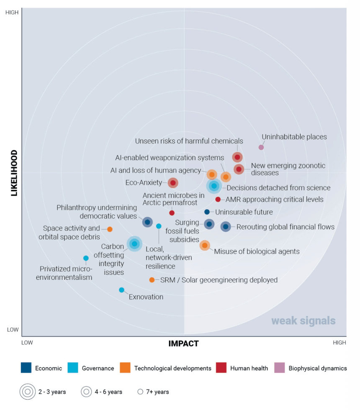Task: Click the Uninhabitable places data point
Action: pyautogui.click(x=261, y=147)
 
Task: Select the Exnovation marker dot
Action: pyautogui.click(x=121, y=290)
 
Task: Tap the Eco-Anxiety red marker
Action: pyautogui.click(x=173, y=183)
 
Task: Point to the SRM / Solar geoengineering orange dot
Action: pyautogui.click(x=152, y=280)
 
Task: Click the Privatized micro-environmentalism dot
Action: pyautogui.click(x=86, y=258)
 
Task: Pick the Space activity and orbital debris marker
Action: pyautogui.click(x=110, y=229)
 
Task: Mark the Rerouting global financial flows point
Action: pyautogui.click(x=226, y=227)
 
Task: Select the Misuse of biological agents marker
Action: pyautogui.click(x=205, y=245)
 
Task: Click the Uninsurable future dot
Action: pyautogui.click(x=207, y=212)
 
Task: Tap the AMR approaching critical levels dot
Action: pyautogui.click(x=218, y=200)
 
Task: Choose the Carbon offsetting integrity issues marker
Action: pyautogui.click(x=134, y=243)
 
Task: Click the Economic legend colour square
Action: pyautogui.click(x=26, y=368)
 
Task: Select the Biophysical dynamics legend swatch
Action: pyautogui.click(x=280, y=368)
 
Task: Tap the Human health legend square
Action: pyautogui.click(x=221, y=368)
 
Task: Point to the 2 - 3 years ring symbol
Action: pyautogui.click(x=28, y=392)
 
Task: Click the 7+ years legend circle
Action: pyautogui.click(x=140, y=392)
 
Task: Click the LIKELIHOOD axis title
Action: pyautogui.click(x=14, y=173)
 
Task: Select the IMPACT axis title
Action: pyautogui.click(x=183, y=344)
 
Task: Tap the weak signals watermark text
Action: pyautogui.click(x=303, y=321)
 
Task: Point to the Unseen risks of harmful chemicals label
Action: pyautogui.click(x=189, y=141)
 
